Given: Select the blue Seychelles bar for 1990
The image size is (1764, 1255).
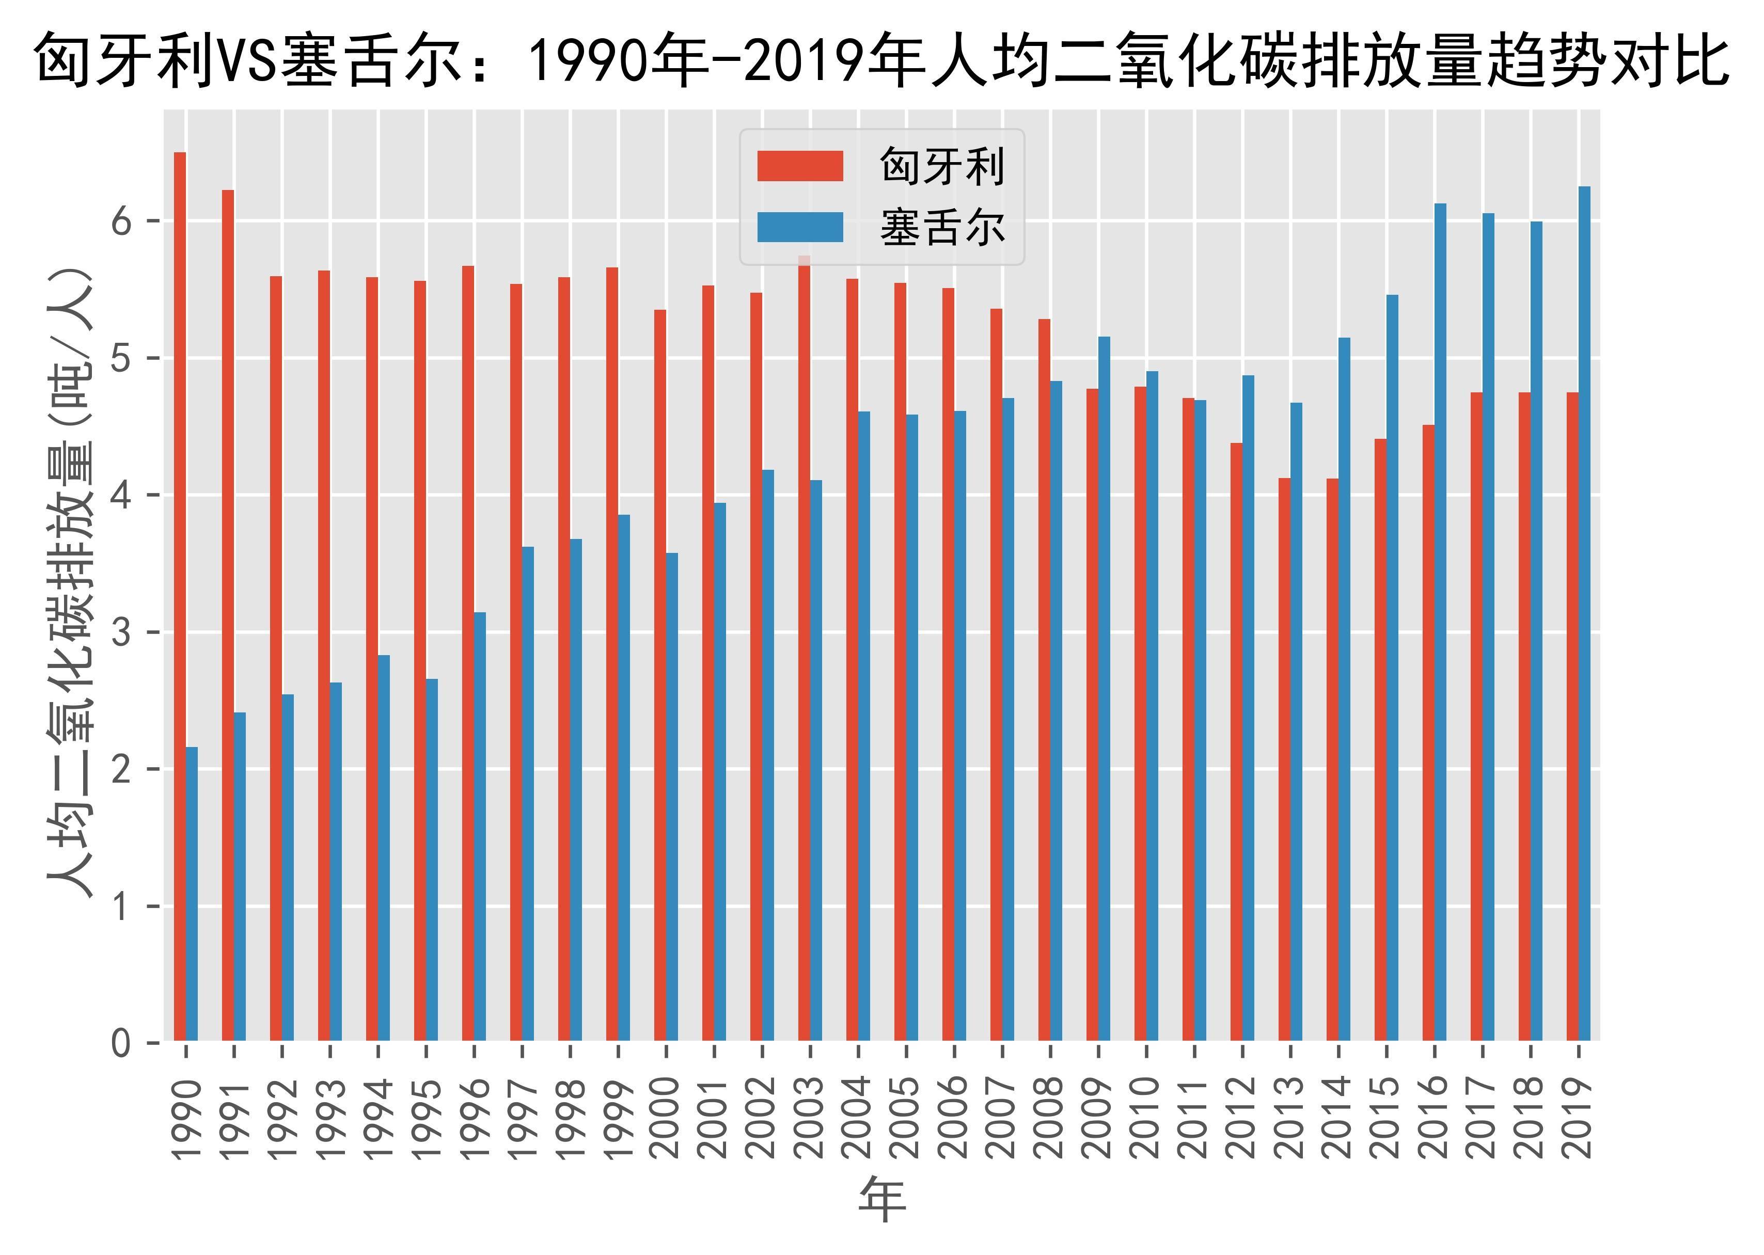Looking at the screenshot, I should click(x=192, y=894).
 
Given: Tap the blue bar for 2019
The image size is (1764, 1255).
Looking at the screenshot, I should click(x=1584, y=614).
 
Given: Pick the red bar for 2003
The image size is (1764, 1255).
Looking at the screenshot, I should click(x=804, y=648).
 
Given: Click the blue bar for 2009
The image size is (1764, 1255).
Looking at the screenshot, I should click(x=1104, y=689).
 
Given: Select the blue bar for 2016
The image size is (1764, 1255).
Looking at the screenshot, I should click(x=1440, y=622).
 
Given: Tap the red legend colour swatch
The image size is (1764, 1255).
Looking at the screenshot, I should click(x=799, y=166).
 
